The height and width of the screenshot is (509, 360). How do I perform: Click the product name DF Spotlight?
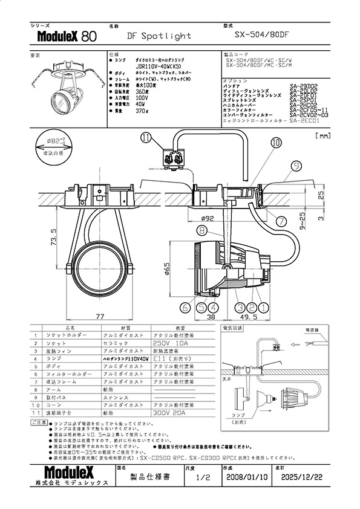point(159,36)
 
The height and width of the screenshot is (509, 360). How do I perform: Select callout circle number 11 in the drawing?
point(145,138)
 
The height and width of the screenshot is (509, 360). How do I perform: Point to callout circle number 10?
point(275,143)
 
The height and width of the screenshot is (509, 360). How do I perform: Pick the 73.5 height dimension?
point(54,239)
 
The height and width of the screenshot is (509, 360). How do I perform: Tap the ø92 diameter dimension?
point(208,219)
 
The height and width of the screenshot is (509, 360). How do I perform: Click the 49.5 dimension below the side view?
point(249,316)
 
